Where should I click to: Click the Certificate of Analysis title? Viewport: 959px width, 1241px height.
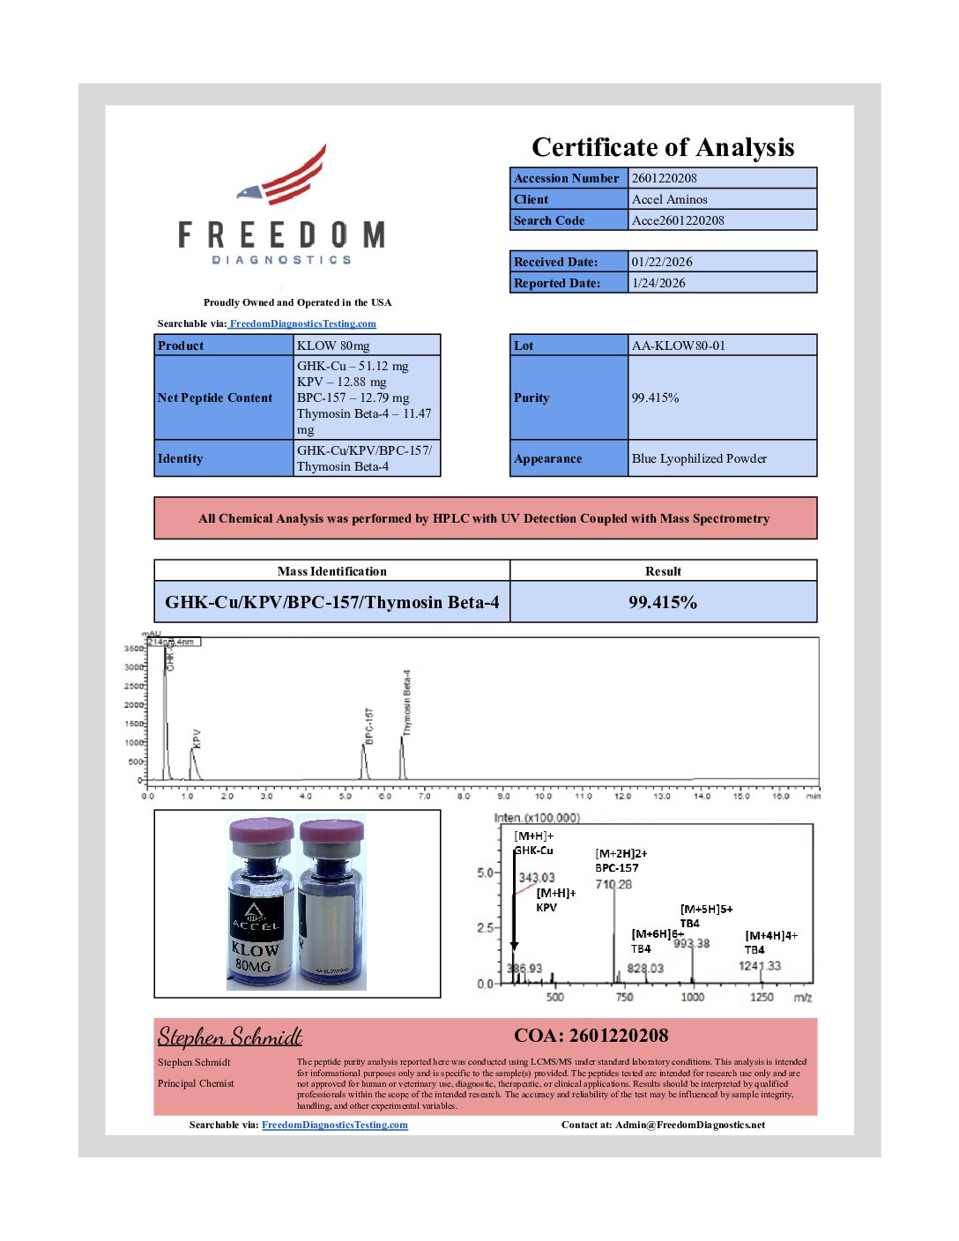663,147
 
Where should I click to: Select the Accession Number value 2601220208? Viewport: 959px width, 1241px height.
664,178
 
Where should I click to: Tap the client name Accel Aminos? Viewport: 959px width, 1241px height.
669,199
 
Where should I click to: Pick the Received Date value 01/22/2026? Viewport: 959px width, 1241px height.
661,262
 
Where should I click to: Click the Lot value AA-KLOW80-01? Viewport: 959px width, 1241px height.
678,346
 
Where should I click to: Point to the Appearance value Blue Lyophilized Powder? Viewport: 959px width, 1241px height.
699,458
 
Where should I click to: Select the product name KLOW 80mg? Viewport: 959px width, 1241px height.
333,346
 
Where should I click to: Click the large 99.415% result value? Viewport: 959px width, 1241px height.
663,602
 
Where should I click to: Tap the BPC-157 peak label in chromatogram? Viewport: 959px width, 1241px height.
369,725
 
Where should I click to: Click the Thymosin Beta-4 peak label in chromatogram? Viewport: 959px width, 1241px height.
407,702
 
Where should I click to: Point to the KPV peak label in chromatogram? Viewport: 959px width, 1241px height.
197,738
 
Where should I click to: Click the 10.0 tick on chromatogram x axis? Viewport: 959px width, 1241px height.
543,796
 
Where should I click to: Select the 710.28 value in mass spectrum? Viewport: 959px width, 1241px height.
613,884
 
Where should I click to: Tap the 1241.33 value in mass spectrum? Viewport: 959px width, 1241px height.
759,966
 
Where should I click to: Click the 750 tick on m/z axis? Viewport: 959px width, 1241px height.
624,997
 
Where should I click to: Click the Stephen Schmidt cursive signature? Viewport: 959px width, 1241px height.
230,1037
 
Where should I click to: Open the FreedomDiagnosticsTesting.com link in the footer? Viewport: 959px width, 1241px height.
335,1125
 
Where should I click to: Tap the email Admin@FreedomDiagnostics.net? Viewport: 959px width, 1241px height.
689,1125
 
